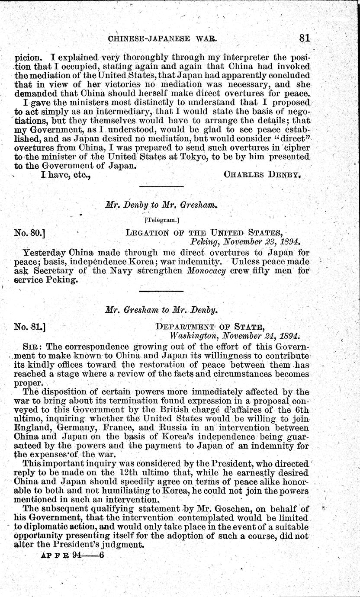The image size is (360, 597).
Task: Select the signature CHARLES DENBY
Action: coord(262,175)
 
